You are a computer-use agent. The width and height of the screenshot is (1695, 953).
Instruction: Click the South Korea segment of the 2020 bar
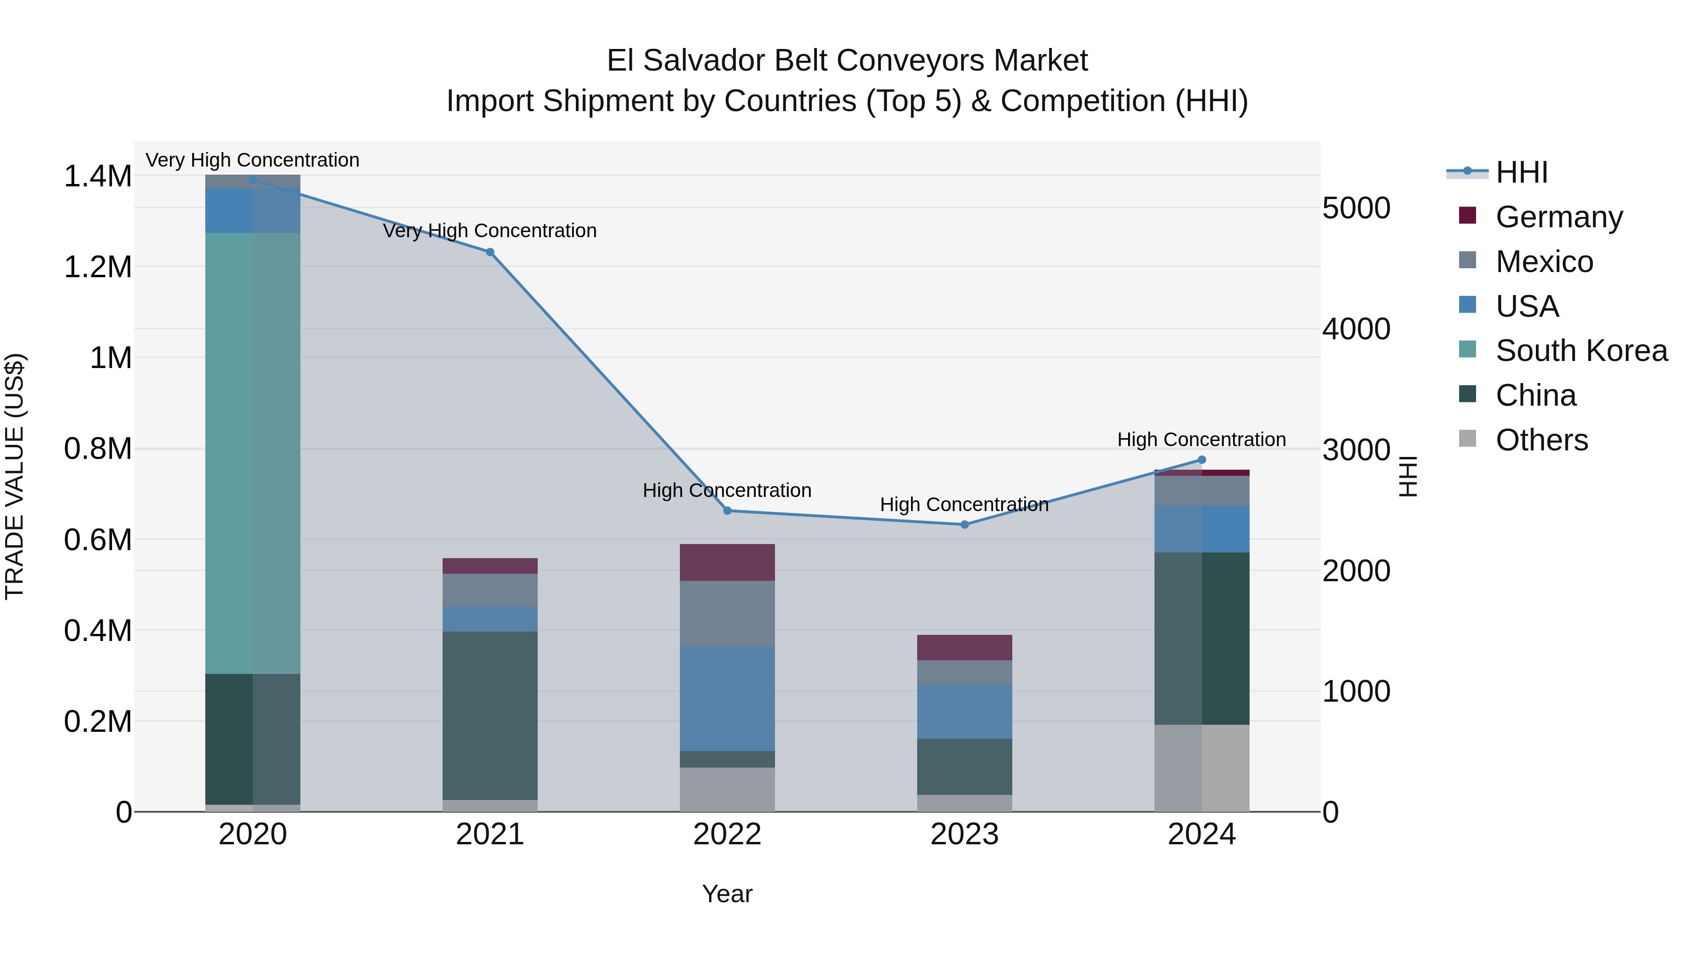click(x=253, y=454)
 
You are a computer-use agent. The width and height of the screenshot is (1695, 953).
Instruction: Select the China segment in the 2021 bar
click(x=490, y=715)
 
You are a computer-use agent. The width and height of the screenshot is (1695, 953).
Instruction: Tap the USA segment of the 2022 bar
click(x=727, y=698)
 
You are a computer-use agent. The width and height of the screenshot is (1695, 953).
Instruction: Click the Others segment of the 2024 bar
click(x=1202, y=768)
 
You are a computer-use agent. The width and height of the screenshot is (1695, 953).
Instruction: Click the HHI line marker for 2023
click(x=965, y=525)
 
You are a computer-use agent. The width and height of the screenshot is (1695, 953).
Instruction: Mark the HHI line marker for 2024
click(x=1202, y=460)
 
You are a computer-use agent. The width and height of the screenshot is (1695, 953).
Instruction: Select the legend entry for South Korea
click(x=1581, y=351)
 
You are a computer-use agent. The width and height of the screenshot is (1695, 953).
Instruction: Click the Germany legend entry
click(x=1559, y=217)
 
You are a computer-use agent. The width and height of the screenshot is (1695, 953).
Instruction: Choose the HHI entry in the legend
click(x=1521, y=172)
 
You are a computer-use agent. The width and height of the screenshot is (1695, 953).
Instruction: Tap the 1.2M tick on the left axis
click(x=97, y=267)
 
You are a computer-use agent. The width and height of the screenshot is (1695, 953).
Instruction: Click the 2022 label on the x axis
click(x=727, y=834)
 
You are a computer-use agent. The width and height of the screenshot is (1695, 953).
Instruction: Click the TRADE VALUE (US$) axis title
click(x=15, y=477)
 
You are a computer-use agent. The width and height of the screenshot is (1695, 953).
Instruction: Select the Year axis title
click(x=727, y=894)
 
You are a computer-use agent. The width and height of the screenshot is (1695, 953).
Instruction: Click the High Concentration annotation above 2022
click(x=727, y=491)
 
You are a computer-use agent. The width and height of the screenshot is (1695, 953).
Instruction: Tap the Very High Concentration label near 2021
click(x=490, y=231)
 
